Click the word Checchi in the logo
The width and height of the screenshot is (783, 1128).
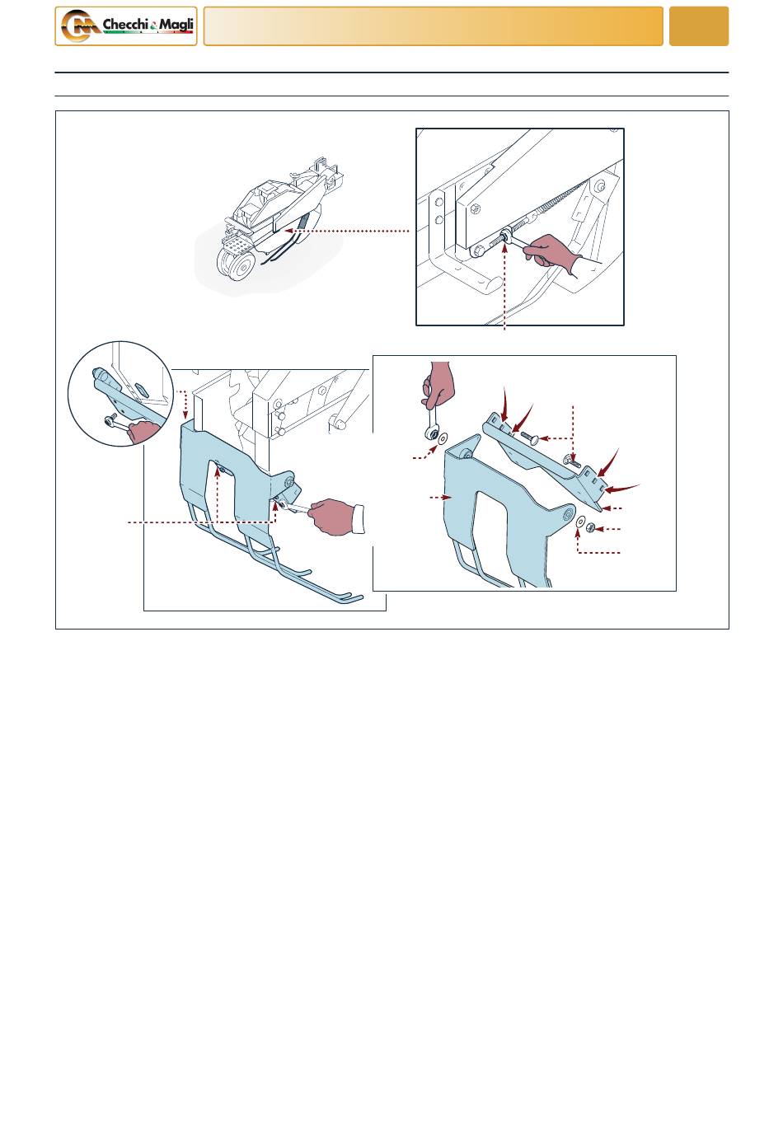125,24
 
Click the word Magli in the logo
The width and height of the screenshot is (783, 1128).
176,24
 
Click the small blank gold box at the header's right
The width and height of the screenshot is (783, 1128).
698,26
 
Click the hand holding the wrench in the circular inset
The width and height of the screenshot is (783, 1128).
143,432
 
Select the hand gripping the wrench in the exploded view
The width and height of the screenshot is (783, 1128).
437,385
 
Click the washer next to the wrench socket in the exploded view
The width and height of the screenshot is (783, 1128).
442,438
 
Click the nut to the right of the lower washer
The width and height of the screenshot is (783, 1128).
591,527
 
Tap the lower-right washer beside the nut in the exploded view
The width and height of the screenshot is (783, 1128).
581,522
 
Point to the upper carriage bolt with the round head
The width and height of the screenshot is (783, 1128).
529,437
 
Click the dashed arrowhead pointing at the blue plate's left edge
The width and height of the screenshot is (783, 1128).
447,497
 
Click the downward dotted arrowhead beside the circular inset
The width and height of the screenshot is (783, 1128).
185,415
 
